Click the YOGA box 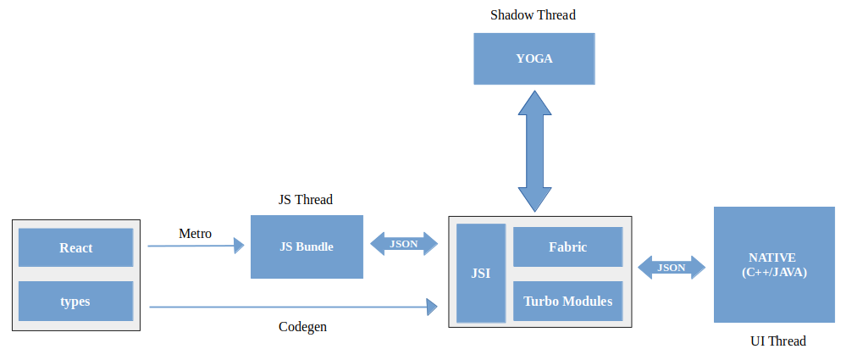534,58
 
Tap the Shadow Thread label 534,15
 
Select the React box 76,247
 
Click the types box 76,301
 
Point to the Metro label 195,233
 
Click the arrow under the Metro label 196,246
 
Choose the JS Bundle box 307,246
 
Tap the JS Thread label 306,200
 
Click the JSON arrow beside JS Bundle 405,244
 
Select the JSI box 480,273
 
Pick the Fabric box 567,247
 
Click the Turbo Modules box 567,301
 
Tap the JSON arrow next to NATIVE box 672,268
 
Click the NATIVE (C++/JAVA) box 774,264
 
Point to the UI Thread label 777,341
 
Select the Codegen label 302,326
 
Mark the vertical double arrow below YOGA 534,150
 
